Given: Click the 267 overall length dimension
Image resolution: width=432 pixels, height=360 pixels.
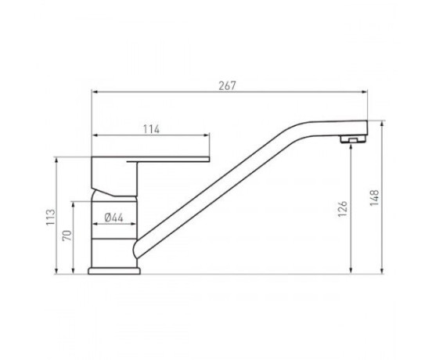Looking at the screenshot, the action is coord(227,86).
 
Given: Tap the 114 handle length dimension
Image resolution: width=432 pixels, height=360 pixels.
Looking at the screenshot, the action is coord(151,129).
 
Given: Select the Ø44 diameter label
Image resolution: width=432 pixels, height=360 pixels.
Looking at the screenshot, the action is coord(114,218).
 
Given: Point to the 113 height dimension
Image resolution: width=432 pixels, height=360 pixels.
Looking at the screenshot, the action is coord(51,218).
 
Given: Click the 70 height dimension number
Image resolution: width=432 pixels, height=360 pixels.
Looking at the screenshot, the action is coord(67,236).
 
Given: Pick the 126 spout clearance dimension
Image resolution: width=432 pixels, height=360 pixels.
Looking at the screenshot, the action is coord(343,208).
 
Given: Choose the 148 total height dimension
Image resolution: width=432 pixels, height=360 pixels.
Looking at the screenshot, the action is coord(374,197).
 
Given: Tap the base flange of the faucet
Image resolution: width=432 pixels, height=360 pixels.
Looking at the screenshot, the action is coord(114,271).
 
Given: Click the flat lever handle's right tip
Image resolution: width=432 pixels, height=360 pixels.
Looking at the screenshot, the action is coord(210,159).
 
